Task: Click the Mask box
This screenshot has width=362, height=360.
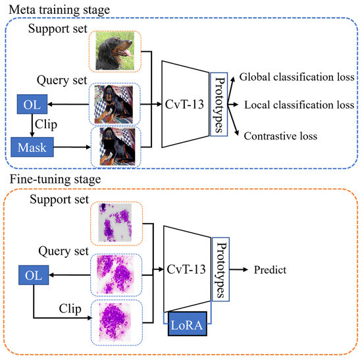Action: (32, 147)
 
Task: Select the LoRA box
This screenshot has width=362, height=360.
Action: (187, 324)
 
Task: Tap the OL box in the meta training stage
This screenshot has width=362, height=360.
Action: (32, 104)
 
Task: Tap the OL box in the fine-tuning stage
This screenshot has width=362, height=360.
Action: (34, 275)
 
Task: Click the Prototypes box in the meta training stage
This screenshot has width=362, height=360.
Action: (219, 105)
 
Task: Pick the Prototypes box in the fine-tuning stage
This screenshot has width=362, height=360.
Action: (220, 269)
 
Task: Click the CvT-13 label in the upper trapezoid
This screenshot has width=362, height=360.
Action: (184, 105)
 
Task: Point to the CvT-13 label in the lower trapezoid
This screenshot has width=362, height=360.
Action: (186, 269)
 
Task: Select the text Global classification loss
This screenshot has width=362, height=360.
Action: (297, 77)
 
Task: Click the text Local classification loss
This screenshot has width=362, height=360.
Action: (299, 105)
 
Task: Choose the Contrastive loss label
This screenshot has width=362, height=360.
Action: (280, 136)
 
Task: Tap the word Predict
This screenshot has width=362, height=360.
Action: (270, 270)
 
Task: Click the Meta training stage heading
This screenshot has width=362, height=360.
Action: (59, 11)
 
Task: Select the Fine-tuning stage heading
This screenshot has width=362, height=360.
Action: (55, 180)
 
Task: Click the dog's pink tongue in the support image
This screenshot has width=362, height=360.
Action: (126, 53)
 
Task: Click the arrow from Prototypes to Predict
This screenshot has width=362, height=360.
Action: (238, 269)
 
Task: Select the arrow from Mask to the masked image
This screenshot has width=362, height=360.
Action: (72, 147)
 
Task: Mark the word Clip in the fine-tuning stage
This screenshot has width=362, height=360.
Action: (70, 309)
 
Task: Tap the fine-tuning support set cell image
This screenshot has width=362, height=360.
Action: (115, 222)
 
